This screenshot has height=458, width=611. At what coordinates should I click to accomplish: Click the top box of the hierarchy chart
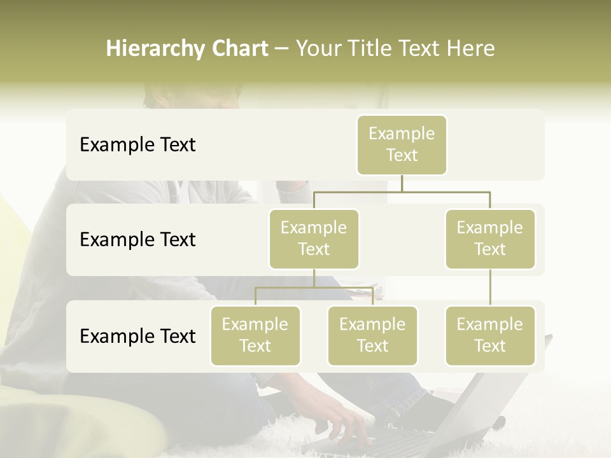(402, 144)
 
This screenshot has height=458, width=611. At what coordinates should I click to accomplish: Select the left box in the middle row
(314, 239)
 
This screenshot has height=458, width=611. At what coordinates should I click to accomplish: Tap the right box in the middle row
(490, 239)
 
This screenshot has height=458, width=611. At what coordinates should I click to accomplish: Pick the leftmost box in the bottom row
(255, 335)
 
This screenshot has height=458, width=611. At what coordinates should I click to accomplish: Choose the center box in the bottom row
(372, 335)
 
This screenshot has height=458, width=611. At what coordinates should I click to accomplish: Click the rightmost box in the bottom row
(490, 335)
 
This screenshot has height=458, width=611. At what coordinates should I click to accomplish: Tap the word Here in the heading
(471, 49)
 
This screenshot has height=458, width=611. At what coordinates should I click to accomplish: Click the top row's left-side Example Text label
(137, 145)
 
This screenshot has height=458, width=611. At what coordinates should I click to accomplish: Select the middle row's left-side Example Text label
(137, 240)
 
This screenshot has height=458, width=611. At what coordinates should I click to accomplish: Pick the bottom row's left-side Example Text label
(137, 337)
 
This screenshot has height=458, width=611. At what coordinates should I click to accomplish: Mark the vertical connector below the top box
(402, 183)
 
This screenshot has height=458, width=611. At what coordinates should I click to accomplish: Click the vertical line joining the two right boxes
(490, 288)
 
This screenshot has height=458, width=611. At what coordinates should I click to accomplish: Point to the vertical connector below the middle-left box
(314, 278)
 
